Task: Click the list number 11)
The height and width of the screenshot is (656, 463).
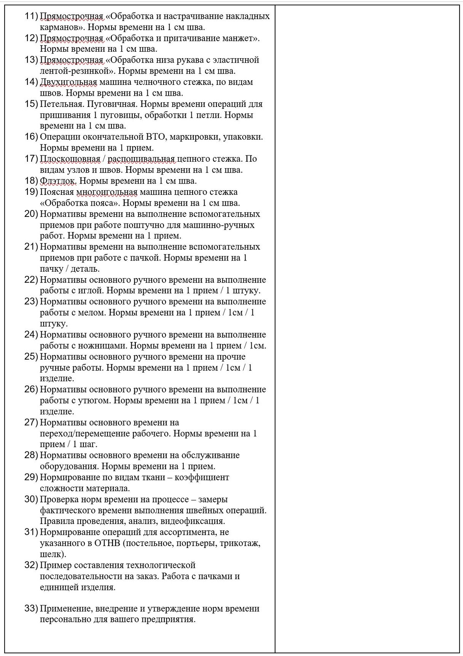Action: [x=31, y=16]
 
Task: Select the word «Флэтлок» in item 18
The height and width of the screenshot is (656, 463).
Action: [x=58, y=181]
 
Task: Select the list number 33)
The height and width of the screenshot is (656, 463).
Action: [x=31, y=609]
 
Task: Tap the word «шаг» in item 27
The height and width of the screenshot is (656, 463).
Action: [x=87, y=444]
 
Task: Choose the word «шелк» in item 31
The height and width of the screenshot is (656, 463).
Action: [x=50, y=554]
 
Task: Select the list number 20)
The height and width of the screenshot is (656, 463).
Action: [x=31, y=214]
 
